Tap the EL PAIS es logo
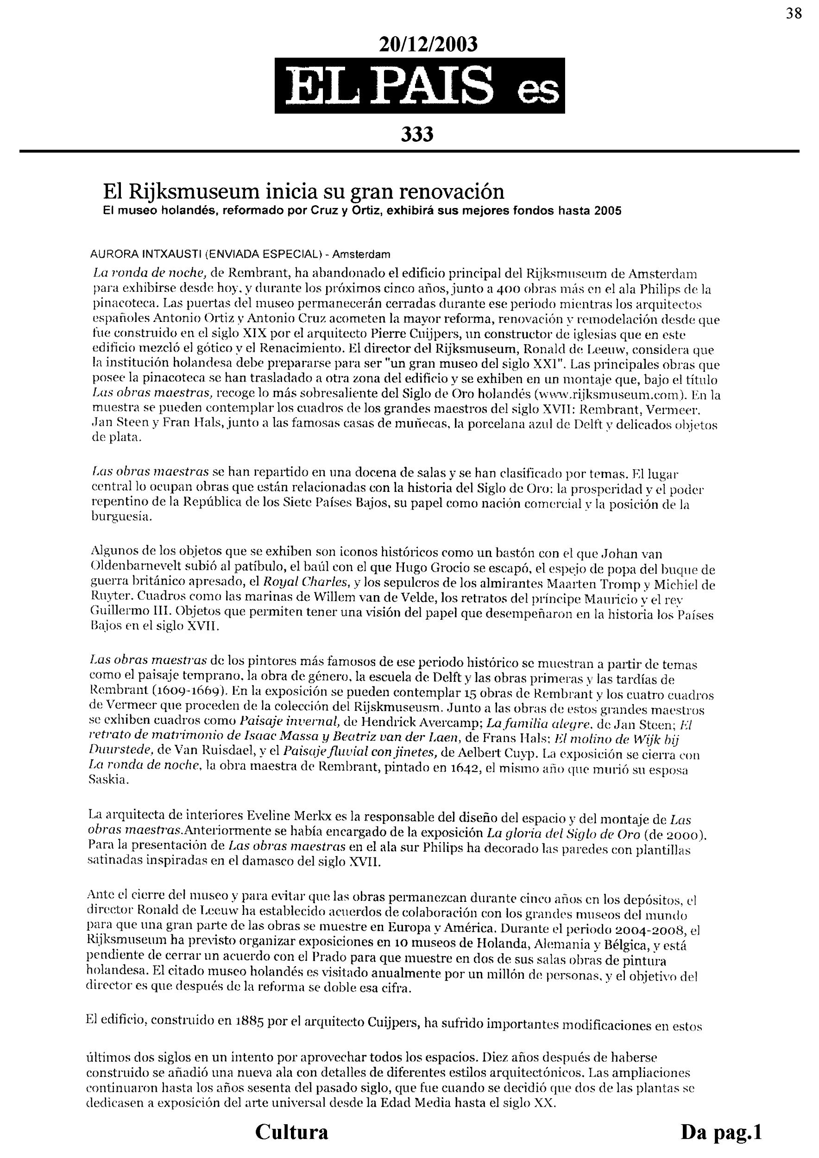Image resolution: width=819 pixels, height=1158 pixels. pyautogui.click(x=420, y=86)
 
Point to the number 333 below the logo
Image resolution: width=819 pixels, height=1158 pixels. pyautogui.click(x=417, y=135)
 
